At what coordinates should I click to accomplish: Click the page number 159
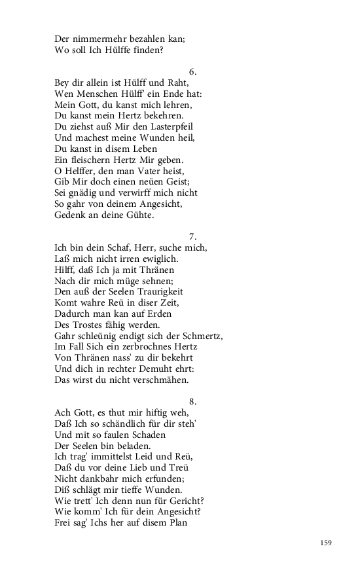point(327,543)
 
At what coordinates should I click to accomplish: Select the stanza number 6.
point(192,71)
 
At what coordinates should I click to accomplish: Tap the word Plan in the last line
point(177,522)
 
